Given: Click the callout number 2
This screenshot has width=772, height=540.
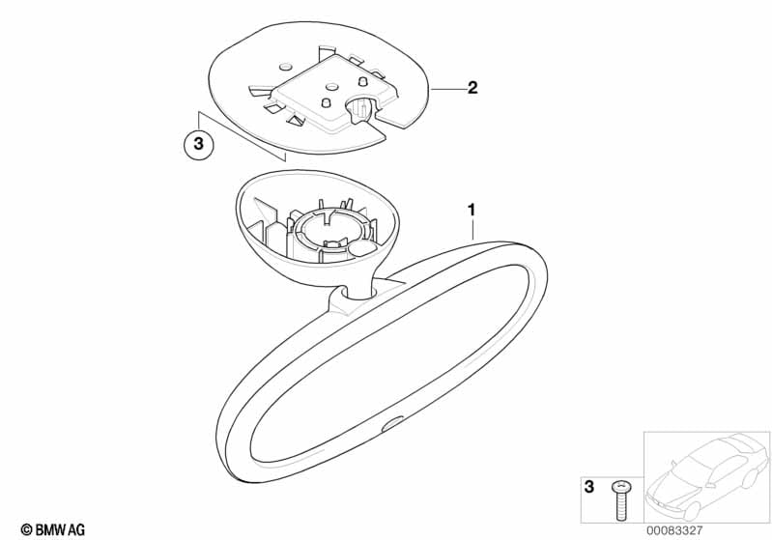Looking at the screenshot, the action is pyautogui.click(x=472, y=88).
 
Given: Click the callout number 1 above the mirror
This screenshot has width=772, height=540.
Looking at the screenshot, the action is pyautogui.click(x=472, y=211).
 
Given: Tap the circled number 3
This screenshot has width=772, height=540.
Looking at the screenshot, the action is pyautogui.click(x=198, y=144).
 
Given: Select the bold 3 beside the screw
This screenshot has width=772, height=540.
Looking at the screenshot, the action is pyautogui.click(x=588, y=487).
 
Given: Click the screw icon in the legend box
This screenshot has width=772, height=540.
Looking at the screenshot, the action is pyautogui.click(x=620, y=500).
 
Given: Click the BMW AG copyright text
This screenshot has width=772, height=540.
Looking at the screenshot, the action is pyautogui.click(x=53, y=529).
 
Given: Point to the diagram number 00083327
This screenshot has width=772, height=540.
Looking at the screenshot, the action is pyautogui.click(x=674, y=530).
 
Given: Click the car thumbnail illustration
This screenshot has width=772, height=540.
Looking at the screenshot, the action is pyautogui.click(x=707, y=475).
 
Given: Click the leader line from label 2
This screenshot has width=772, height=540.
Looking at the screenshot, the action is pyautogui.click(x=447, y=89).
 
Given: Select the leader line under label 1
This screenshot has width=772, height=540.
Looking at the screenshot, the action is pyautogui.click(x=472, y=229).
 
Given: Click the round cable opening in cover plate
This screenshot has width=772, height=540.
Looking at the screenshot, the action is pyautogui.click(x=362, y=108).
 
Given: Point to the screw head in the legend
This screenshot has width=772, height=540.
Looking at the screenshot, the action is pyautogui.click(x=620, y=487).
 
